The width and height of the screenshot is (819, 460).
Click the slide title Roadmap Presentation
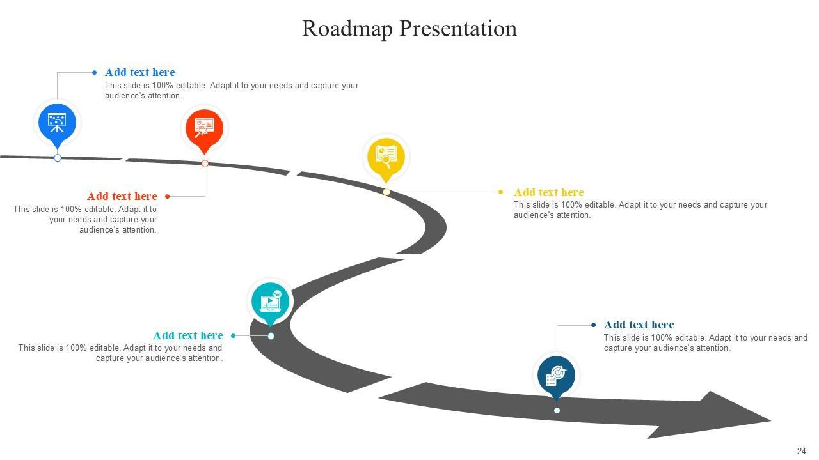click(x=409, y=29)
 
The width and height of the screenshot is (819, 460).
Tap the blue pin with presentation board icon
click(x=58, y=122)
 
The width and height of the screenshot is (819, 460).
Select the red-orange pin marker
click(x=205, y=128)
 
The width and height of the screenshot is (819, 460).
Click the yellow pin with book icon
click(x=386, y=156)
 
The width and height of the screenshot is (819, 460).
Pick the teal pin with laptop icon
click(x=270, y=301)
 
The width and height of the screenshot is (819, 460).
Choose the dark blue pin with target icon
click(x=556, y=375)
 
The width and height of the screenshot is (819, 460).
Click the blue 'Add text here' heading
click(x=139, y=73)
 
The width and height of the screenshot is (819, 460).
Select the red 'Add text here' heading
click(x=122, y=197)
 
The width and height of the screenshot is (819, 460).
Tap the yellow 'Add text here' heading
click(x=548, y=192)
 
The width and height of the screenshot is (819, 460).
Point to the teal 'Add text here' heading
click(x=188, y=335)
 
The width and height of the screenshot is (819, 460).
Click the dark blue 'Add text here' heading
click(x=639, y=325)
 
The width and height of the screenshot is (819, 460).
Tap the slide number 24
click(x=801, y=451)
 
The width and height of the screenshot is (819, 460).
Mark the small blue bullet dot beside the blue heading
click(x=95, y=73)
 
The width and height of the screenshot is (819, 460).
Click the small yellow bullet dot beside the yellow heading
click(x=500, y=192)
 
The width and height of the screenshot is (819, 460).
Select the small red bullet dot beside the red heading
click(x=168, y=197)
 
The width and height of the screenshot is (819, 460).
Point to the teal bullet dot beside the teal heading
click(x=233, y=335)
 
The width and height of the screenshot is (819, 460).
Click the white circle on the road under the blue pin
click(x=58, y=158)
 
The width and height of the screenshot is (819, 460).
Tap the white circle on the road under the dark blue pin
click(x=557, y=410)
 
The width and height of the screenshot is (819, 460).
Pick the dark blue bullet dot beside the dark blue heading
click(x=594, y=325)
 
